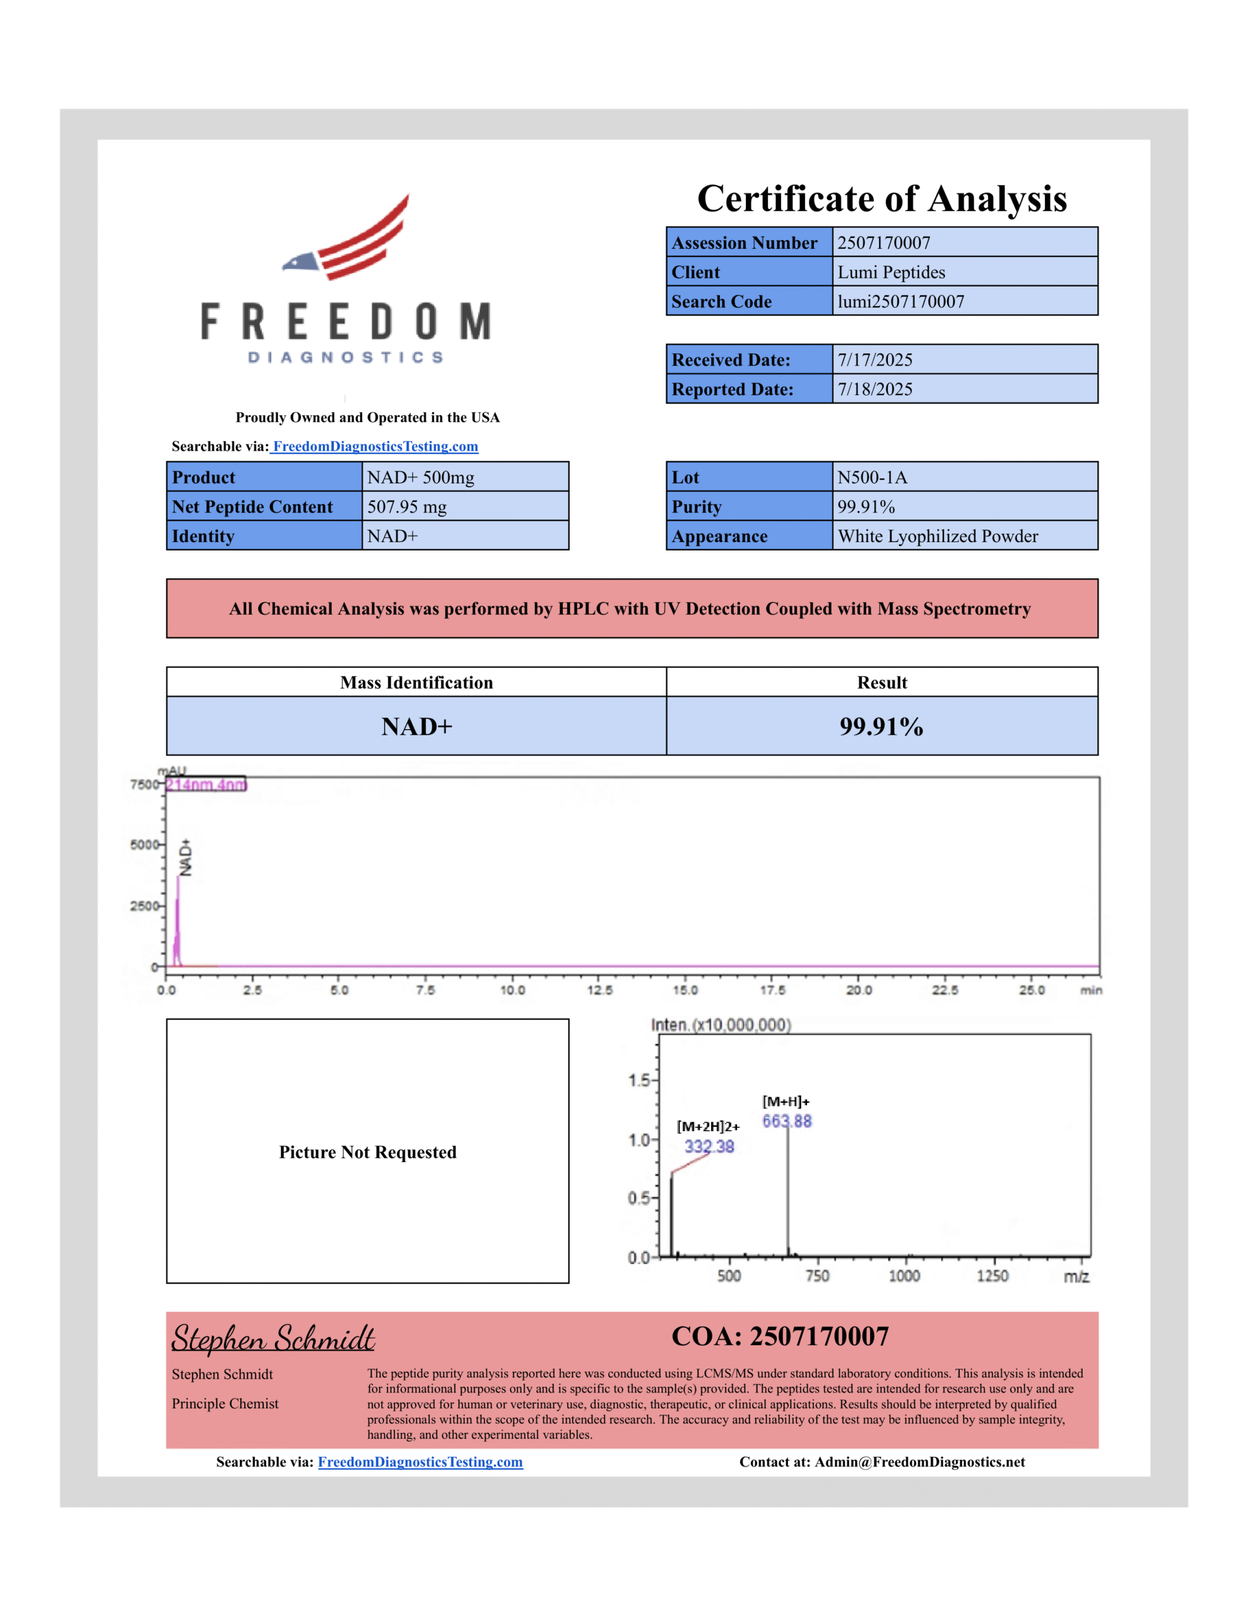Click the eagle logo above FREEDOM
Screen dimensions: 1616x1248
pyautogui.click(x=346, y=238)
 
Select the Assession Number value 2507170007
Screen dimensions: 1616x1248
pyautogui.click(x=883, y=242)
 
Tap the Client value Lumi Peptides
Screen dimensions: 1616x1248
pyautogui.click(x=891, y=272)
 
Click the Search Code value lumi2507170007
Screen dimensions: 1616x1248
pyautogui.click(x=900, y=302)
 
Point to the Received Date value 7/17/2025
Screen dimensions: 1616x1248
pyautogui.click(x=874, y=360)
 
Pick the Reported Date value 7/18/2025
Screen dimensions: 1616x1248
pyautogui.click(x=874, y=389)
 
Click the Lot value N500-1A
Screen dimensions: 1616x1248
pyautogui.click(x=871, y=477)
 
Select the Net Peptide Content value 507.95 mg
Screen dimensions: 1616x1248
pyautogui.click(x=407, y=507)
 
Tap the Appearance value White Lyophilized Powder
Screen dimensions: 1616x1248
pyautogui.click(x=938, y=537)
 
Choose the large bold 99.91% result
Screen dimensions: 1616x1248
pyautogui.click(x=881, y=727)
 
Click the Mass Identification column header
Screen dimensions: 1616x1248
pyautogui.click(x=416, y=682)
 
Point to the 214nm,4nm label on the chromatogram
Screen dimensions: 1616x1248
pyautogui.click(x=206, y=784)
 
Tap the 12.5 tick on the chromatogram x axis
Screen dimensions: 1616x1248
pyautogui.click(x=599, y=990)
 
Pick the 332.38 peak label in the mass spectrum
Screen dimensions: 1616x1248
pyautogui.click(x=709, y=1146)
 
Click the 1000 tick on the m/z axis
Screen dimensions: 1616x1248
pyautogui.click(x=904, y=1276)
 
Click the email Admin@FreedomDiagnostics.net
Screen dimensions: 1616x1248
pyautogui.click(x=919, y=1462)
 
